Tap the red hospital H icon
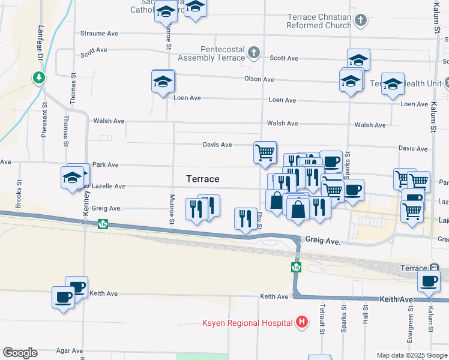[x=303, y=323]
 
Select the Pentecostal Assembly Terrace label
[x=212, y=54]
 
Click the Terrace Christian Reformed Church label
[x=319, y=22]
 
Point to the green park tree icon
[x=39, y=77]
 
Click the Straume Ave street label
[x=99, y=34]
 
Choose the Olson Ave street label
[x=259, y=79]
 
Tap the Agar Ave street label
[x=69, y=350]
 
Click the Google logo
[x=20, y=353]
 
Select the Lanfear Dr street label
[x=41, y=40]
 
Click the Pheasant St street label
[x=44, y=123]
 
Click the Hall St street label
[x=365, y=316]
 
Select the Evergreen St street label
[x=411, y=327]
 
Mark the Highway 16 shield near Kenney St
[x=103, y=224]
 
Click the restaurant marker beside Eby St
[x=244, y=218]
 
